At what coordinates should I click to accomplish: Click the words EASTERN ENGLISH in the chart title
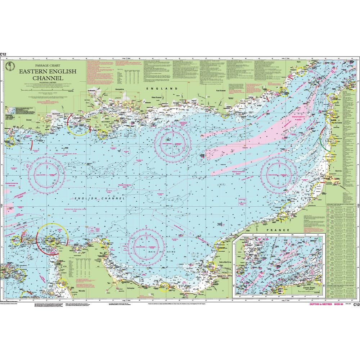(48, 71)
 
